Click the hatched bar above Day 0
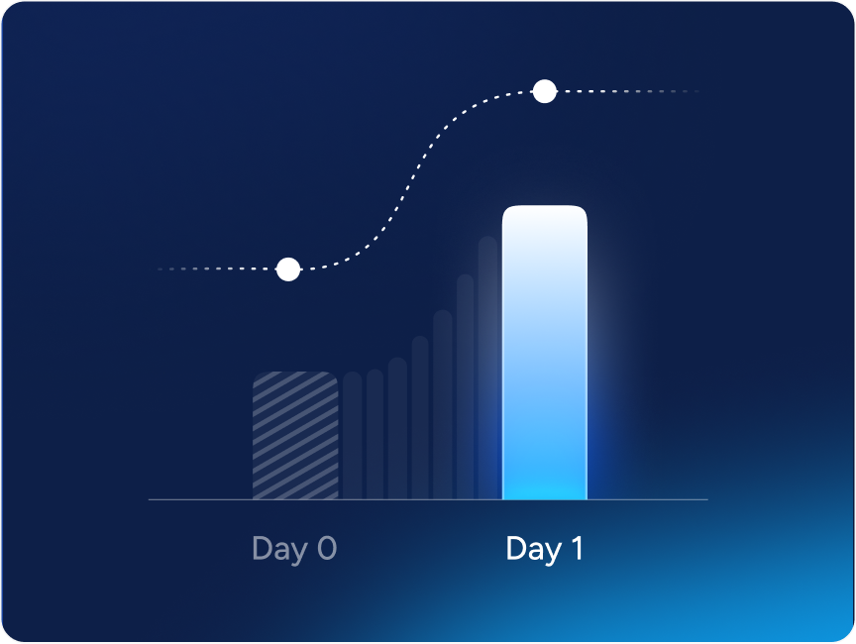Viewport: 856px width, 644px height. click(295, 436)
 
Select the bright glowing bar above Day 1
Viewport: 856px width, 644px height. click(545, 353)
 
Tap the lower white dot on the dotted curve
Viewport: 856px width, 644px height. click(288, 269)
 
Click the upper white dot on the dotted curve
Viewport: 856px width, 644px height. click(545, 91)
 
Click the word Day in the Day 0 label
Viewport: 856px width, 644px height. click(278, 549)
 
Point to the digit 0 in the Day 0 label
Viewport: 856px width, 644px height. click(327, 548)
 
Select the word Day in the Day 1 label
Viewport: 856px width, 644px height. click(534, 549)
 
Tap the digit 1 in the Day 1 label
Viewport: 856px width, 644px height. click(577, 548)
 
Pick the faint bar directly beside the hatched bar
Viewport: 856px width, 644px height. click(353, 436)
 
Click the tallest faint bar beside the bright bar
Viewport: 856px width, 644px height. click(487, 368)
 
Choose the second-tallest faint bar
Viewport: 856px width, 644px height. click(465, 386)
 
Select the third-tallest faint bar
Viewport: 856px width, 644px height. click(443, 404)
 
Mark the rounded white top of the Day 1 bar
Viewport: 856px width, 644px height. click(545, 218)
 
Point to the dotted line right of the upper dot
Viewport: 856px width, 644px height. click(628, 91)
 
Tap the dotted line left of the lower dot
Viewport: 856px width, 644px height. click(217, 268)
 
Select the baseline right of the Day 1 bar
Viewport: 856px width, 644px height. click(648, 499)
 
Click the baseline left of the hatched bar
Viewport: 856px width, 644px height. click(200, 499)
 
